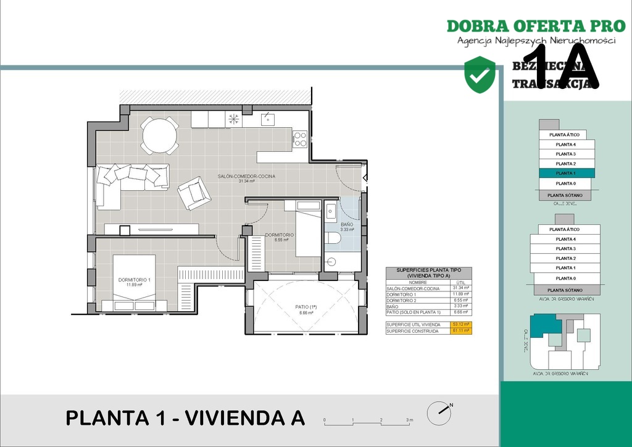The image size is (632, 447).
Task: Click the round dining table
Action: pyautogui.click(x=159, y=134)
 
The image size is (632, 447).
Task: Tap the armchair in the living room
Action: pyautogui.click(x=194, y=193)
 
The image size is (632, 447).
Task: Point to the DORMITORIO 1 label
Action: pyautogui.click(x=134, y=280)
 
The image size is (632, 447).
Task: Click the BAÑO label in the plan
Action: pyautogui.click(x=347, y=225)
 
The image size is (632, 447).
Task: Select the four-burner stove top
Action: pyautogui.click(x=300, y=140)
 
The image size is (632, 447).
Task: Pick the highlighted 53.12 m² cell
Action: pyautogui.click(x=461, y=324)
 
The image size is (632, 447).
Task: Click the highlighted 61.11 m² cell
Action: pyautogui.click(x=461, y=331)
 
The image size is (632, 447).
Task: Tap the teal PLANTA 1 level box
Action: pyautogui.click(x=566, y=173)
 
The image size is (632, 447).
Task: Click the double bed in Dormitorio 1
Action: pyautogui.click(x=134, y=284)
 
